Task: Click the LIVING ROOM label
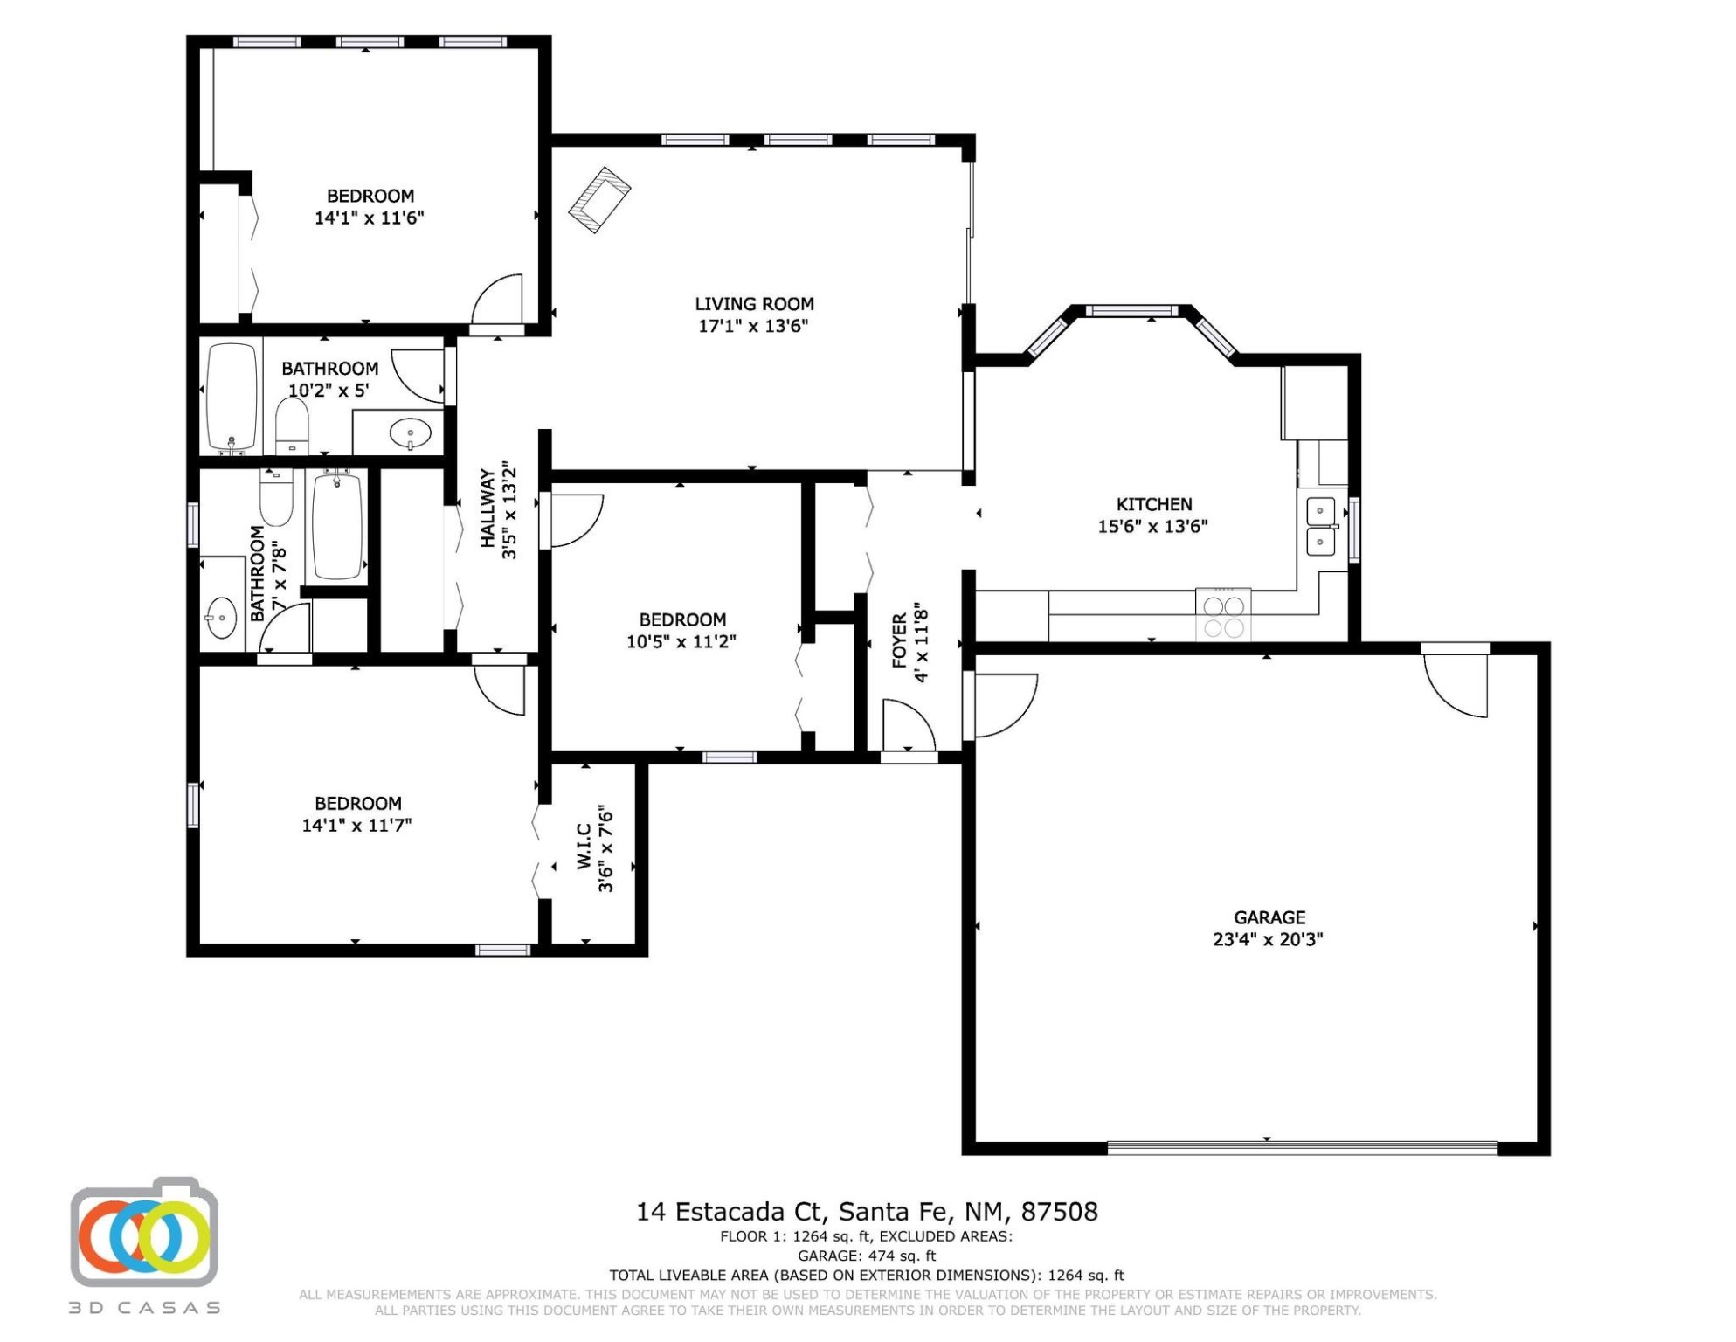coord(754,304)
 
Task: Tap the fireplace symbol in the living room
coord(599,199)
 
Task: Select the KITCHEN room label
coord(1154,504)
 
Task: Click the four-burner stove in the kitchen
coord(1223,615)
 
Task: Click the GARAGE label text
coord(1269,917)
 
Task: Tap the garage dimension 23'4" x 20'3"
coord(1268,940)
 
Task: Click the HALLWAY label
coord(487,509)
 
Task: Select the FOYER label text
coord(900,641)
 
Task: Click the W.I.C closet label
coord(584,847)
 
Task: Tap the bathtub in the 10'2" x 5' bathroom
coord(232,397)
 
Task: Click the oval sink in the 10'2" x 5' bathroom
coord(410,432)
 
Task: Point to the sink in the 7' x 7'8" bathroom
coord(221,618)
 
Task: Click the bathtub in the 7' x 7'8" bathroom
coord(338,524)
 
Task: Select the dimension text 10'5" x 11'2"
coord(681,642)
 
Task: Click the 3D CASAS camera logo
coord(144,1232)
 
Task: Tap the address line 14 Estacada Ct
coord(730,1212)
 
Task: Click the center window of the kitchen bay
coord(1131,310)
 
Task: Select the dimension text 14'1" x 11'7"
coord(356,826)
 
